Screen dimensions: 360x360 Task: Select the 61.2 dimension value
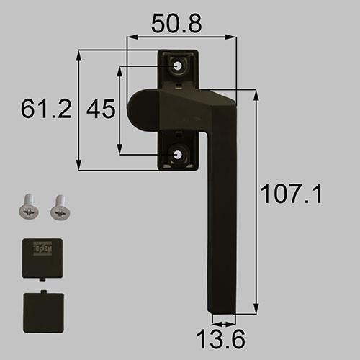click(x=47, y=109)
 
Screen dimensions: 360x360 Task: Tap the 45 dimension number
click(x=100, y=109)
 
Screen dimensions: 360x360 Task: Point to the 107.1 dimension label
click(x=290, y=194)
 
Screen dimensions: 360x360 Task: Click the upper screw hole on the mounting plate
click(x=178, y=66)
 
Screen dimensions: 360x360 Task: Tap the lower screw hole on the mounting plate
click(x=178, y=153)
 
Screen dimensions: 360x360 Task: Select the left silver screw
click(x=27, y=208)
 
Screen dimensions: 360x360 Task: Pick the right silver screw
click(x=58, y=208)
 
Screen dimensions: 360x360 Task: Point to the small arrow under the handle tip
click(x=224, y=322)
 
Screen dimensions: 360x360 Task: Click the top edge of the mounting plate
click(x=177, y=50)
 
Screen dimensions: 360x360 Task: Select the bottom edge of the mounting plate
click(x=177, y=169)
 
